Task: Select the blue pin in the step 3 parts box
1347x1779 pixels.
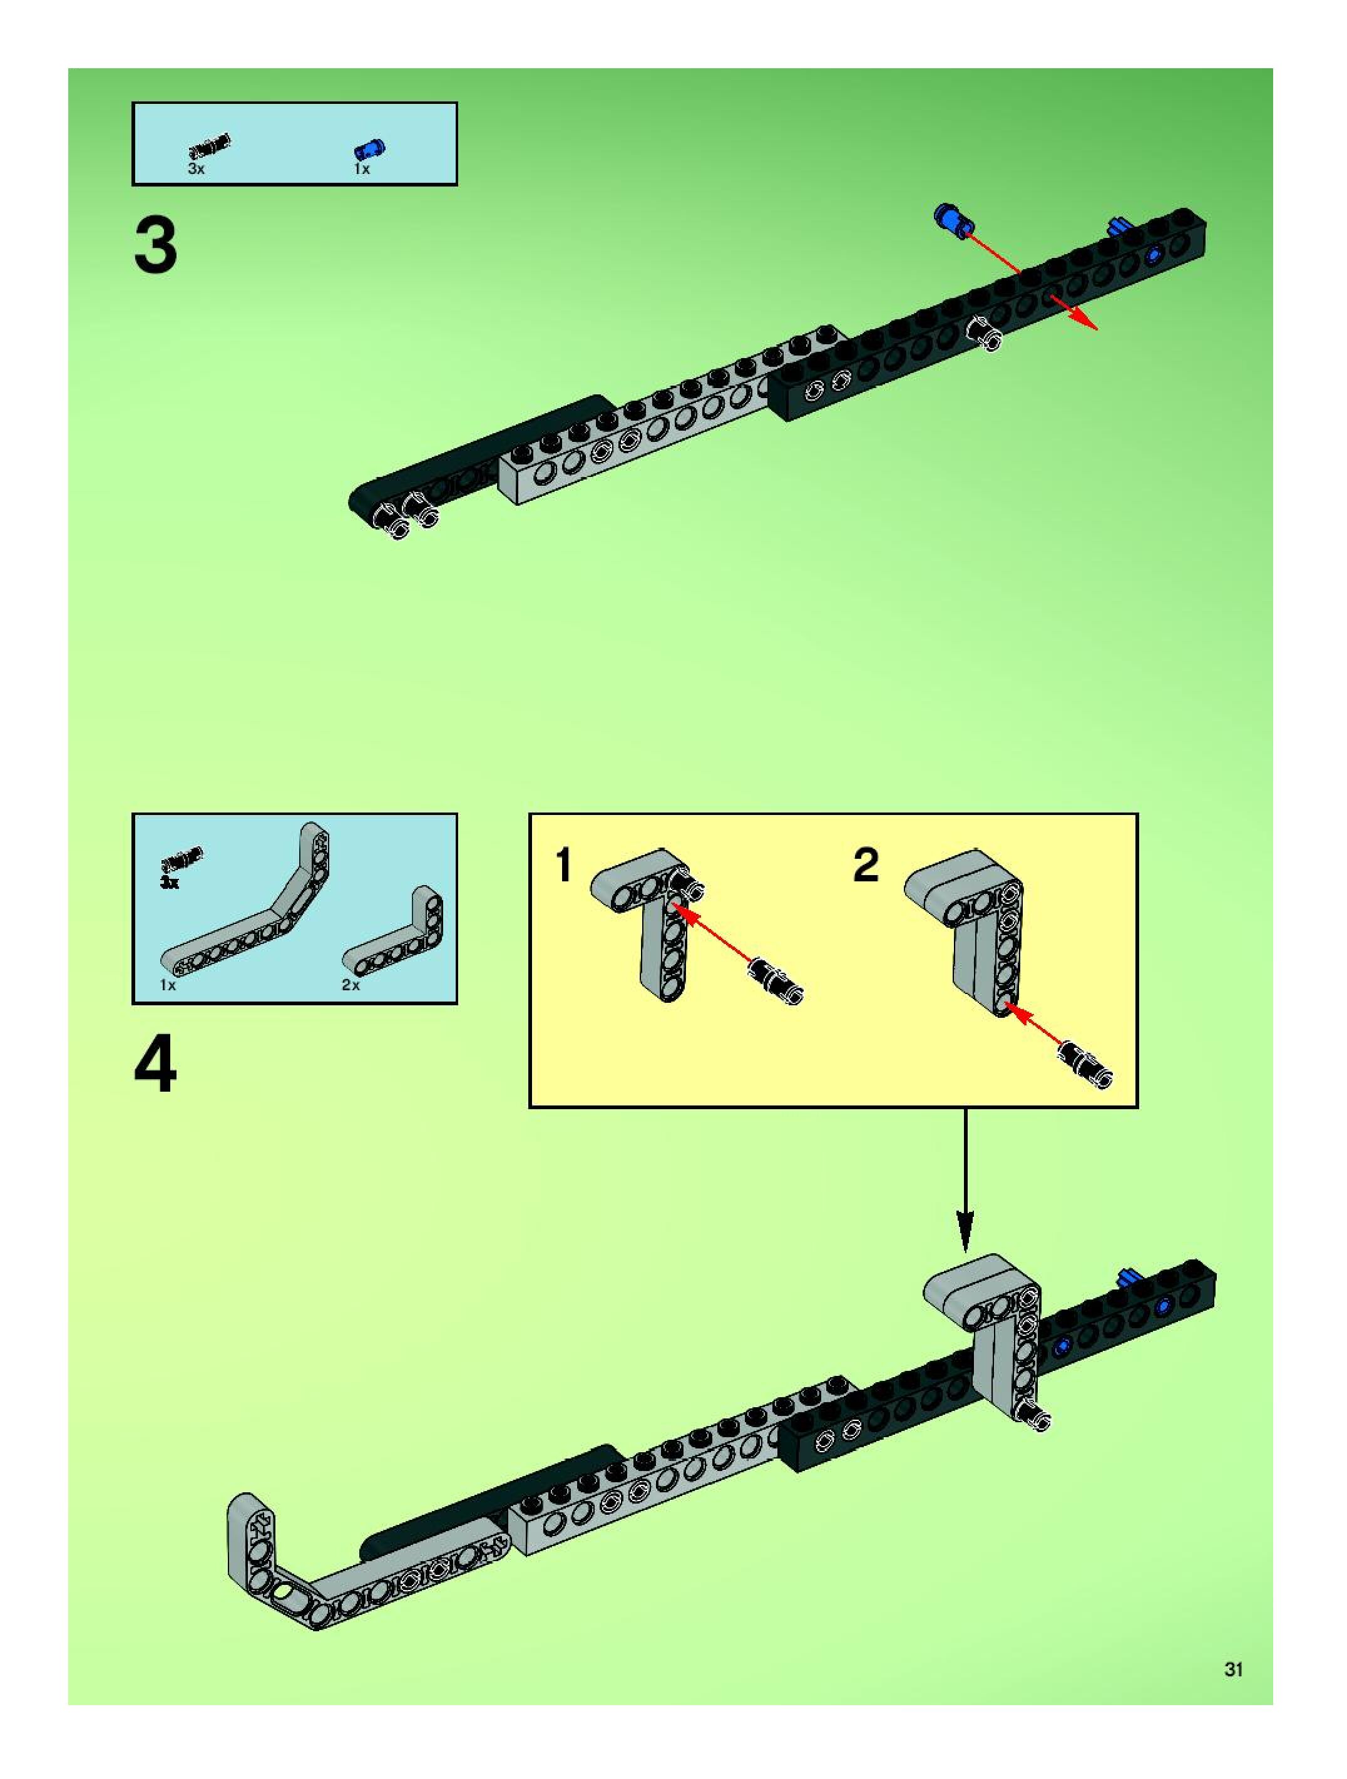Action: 369,149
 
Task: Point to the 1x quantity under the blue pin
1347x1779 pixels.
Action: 361,170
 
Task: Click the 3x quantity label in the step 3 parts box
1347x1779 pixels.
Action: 196,170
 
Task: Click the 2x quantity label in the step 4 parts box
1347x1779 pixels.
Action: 351,985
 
